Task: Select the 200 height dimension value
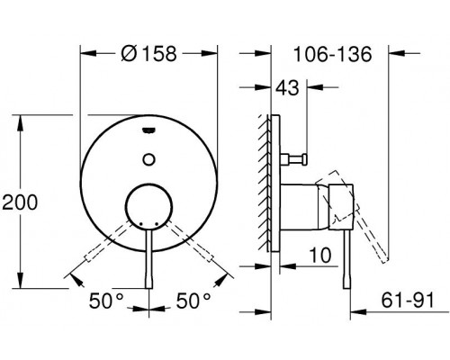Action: click(x=21, y=202)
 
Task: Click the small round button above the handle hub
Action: click(x=148, y=160)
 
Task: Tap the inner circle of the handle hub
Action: click(x=149, y=209)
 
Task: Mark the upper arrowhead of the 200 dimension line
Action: click(x=20, y=120)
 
